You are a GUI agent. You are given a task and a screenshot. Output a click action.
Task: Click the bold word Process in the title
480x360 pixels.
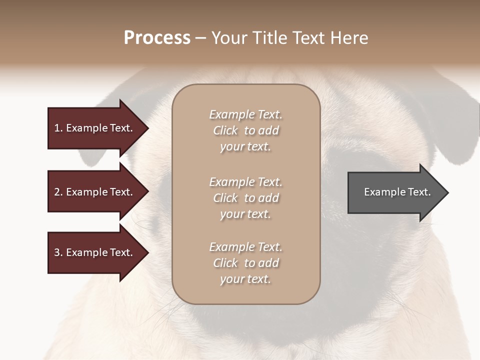tap(157, 38)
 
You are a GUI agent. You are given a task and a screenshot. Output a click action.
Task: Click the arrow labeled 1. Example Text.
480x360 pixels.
tap(95, 128)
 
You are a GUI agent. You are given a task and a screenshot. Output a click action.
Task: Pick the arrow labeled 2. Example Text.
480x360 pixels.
tap(95, 192)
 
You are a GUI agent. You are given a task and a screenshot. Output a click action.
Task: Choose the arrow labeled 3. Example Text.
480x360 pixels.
tap(95, 253)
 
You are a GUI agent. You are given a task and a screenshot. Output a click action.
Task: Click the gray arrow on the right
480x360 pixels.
tap(395, 192)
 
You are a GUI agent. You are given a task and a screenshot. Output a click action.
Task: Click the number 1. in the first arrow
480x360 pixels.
tap(58, 128)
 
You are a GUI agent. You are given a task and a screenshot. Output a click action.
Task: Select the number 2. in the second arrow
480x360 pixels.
tap(58, 192)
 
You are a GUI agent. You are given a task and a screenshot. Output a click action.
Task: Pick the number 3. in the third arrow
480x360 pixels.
tap(58, 253)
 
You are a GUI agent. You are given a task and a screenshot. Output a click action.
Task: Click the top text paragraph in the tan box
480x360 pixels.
tap(246, 130)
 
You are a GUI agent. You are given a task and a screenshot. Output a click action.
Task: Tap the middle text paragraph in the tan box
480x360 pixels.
tap(246, 198)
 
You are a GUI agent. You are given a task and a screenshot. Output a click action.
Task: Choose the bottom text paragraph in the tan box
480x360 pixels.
tap(246, 263)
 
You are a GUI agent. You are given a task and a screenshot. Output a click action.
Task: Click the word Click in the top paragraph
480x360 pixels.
tap(225, 130)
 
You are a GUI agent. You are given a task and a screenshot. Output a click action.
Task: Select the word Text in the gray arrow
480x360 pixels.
tap(419, 192)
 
